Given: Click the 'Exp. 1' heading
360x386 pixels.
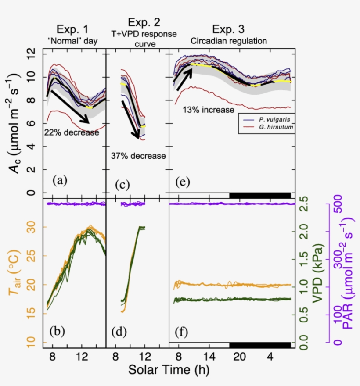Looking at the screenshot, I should [73, 30].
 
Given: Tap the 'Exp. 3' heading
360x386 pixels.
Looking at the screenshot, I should [229, 30].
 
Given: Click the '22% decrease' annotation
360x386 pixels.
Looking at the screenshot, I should [71, 132].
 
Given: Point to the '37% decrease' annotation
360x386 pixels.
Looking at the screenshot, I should [138, 156].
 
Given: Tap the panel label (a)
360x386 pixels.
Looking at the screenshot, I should [60, 180].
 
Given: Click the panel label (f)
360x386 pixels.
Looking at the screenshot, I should [182, 332].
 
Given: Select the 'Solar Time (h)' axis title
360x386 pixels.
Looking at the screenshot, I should [169, 370].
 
